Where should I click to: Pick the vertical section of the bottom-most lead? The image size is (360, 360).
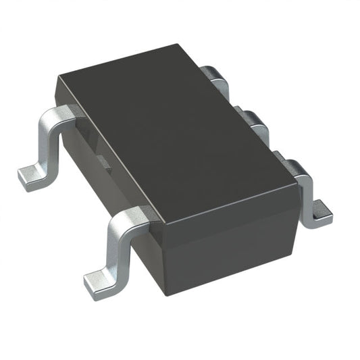coord(115,247)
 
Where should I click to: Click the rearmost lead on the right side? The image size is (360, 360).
coord(215,76)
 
